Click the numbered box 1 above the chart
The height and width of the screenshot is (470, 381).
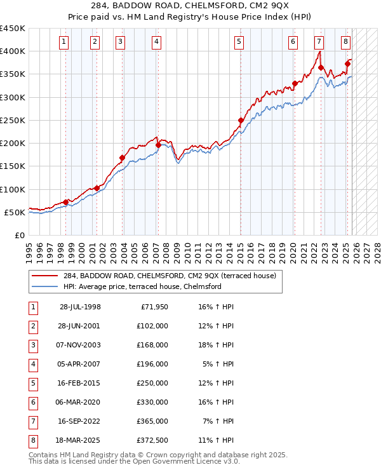65,43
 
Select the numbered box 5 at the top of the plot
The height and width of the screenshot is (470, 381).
239,43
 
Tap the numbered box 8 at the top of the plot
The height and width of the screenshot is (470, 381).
345,43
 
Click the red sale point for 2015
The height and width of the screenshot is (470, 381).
241,120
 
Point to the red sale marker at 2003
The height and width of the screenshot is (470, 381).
121,158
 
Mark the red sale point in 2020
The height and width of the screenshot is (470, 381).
295,83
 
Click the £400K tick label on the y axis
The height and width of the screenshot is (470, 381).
13,51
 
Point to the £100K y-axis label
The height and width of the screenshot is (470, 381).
13,189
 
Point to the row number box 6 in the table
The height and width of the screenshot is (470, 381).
33,402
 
